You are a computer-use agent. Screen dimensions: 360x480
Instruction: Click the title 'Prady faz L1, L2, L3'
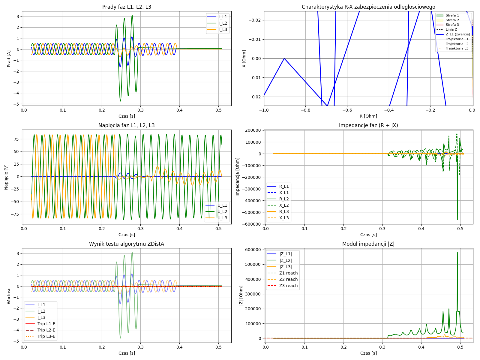pos(126,7)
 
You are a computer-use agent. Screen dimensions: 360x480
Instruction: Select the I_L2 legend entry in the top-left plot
pos(223,23)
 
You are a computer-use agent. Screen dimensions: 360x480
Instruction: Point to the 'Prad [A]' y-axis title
pos(9,58)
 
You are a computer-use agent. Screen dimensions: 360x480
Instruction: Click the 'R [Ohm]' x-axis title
pos(368,116)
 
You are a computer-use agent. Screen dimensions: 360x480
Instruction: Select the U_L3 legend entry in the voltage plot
pos(222,218)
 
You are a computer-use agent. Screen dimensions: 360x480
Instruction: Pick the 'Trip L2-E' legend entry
pos(46,330)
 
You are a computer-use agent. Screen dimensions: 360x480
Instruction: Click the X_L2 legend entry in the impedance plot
pos(284,205)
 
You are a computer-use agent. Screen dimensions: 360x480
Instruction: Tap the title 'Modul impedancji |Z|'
pos(368,244)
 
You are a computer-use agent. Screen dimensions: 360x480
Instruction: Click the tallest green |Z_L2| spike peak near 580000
pos(457,253)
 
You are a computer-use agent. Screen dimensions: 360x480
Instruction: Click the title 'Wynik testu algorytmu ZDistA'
pos(126,244)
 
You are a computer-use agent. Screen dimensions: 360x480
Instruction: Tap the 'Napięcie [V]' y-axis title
pos(6,177)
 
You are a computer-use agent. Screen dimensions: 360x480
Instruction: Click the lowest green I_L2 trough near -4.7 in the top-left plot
pos(120,101)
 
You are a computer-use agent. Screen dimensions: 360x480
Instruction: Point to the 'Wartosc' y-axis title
pos(9,295)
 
